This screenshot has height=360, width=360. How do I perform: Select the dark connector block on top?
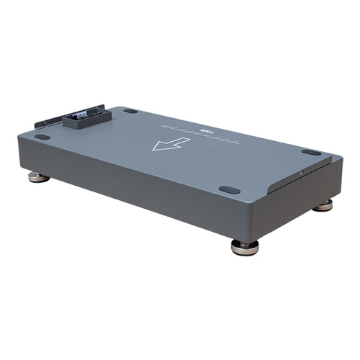point(84,117)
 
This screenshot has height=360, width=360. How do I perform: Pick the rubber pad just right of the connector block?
point(130,111)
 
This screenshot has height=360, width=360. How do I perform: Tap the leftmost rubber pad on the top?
point(42,136)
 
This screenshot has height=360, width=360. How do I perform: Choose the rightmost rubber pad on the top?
point(311,152)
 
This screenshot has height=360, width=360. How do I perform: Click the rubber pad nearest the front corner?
point(229,190)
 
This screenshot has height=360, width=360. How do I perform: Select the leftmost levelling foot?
point(39,176)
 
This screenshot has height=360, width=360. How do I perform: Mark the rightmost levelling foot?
point(323,205)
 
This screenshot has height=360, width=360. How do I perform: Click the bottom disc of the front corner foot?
point(246,250)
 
